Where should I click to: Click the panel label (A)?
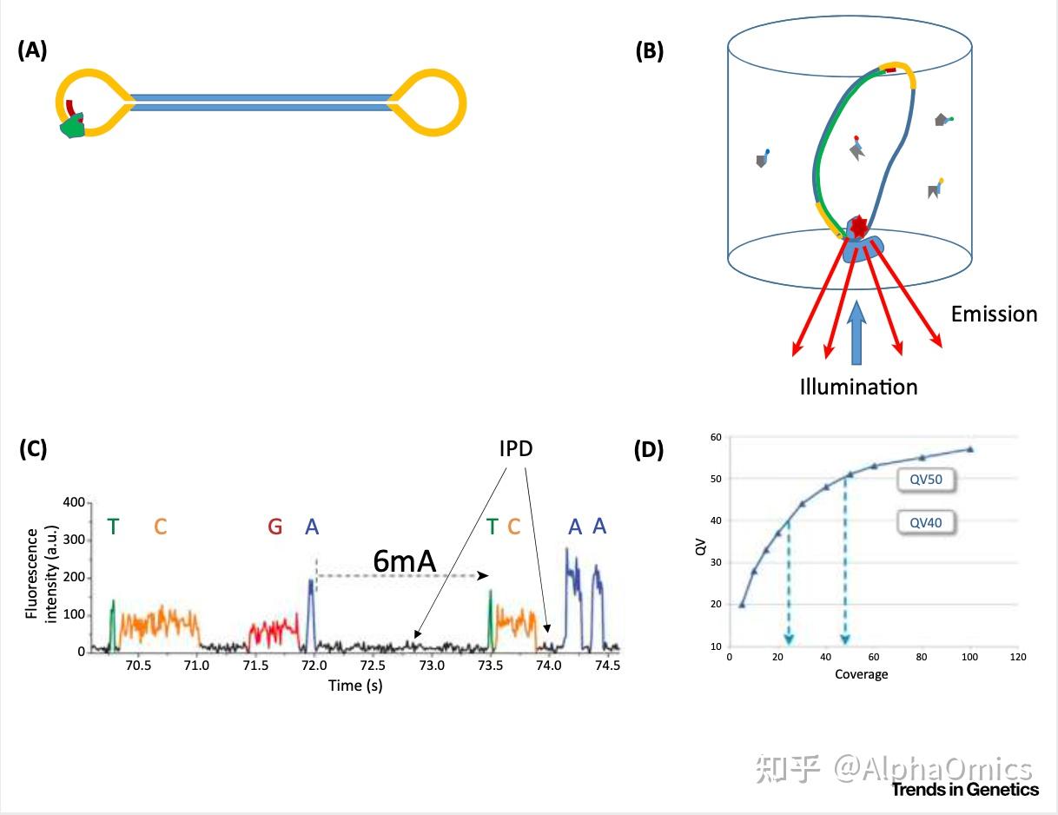(x=32, y=50)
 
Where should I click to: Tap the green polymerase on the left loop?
(x=72, y=129)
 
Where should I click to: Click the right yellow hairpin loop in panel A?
(x=431, y=102)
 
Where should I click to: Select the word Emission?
(x=994, y=314)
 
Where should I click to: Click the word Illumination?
(x=858, y=387)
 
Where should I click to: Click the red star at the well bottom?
(x=858, y=226)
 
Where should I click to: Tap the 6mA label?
(x=404, y=561)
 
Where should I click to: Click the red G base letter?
(x=274, y=527)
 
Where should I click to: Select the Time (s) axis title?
(x=355, y=686)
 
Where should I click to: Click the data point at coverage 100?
(x=970, y=449)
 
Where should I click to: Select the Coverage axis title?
(x=861, y=674)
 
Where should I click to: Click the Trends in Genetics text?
(x=964, y=790)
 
